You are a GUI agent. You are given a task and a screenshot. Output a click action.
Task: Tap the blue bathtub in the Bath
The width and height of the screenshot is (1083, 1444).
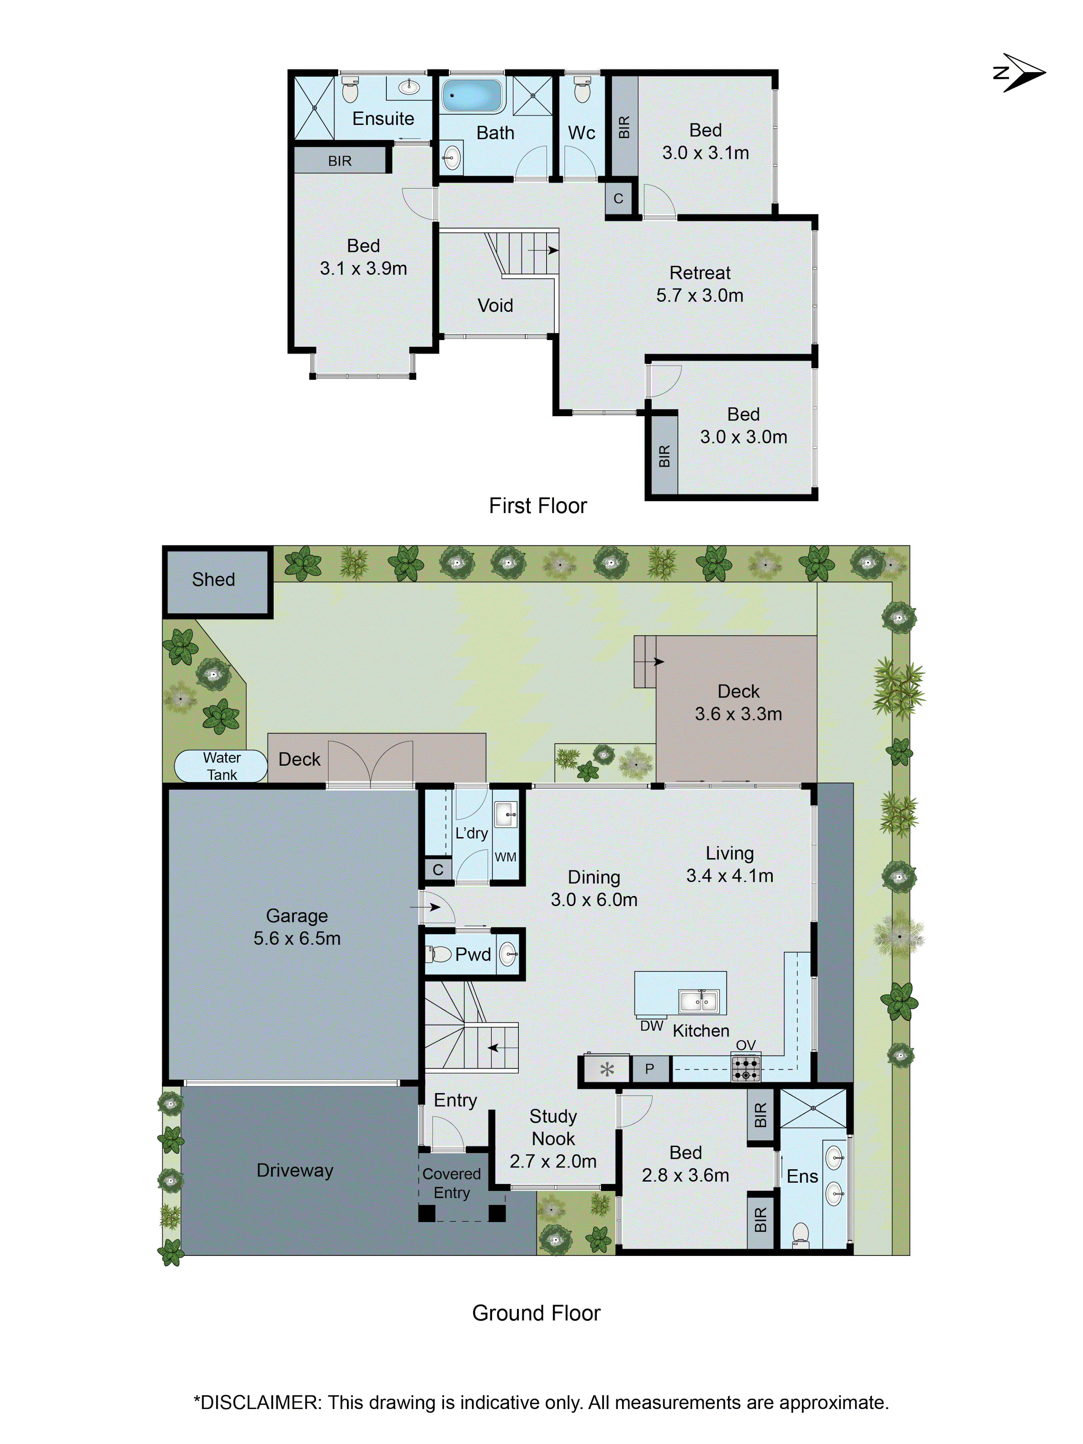(x=471, y=95)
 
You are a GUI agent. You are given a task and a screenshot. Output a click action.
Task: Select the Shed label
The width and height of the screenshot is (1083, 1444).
(x=213, y=580)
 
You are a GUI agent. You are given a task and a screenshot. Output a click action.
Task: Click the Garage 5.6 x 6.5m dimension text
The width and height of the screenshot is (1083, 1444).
(x=297, y=939)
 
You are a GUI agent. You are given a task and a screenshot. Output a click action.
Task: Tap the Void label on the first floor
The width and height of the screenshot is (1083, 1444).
(x=495, y=305)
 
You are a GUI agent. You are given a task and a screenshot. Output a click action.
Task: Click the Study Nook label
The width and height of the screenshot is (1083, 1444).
(x=553, y=1127)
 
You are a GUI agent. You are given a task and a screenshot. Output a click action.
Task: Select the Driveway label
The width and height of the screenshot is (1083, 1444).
(x=295, y=1170)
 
